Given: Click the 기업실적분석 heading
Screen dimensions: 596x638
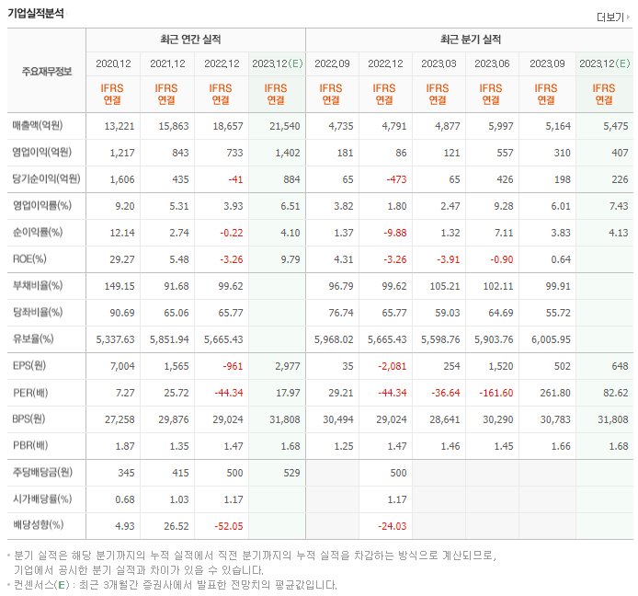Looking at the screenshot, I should click(x=35, y=12).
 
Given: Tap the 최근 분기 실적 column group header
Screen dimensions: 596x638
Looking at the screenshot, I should click(x=471, y=40).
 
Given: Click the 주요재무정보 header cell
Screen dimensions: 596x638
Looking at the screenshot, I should click(x=46, y=71).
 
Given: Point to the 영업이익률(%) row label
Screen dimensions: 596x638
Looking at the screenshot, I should click(x=41, y=206).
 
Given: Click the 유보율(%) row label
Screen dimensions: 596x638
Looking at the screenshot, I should click(x=37, y=339).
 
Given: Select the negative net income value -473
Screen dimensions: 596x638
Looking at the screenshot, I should click(x=393, y=179).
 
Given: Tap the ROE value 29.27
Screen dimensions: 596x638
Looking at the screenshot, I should click(x=120, y=259).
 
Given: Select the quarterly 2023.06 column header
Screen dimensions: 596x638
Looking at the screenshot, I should click(x=492, y=63).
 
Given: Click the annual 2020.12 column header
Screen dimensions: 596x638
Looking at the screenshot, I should click(x=113, y=63).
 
